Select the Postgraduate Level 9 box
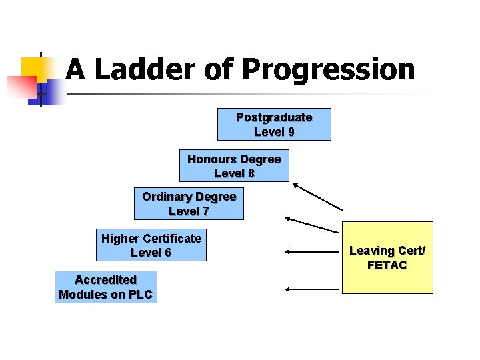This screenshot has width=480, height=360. pyautogui.click(x=274, y=125)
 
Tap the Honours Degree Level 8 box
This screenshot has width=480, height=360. pyautogui.click(x=234, y=166)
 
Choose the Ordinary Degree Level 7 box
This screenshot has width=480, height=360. pyautogui.click(x=189, y=204)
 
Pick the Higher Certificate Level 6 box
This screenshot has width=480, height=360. pyautogui.click(x=151, y=245)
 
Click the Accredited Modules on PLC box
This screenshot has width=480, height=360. pyautogui.click(x=105, y=287)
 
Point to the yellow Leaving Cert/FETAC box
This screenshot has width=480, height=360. pyautogui.click(x=387, y=258)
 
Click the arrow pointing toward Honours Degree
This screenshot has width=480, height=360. pyautogui.click(x=317, y=197)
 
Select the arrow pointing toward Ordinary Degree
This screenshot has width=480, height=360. pyautogui.click(x=311, y=224)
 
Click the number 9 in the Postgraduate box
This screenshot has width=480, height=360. pyautogui.click(x=291, y=132)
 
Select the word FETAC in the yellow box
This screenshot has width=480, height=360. pyautogui.click(x=387, y=265)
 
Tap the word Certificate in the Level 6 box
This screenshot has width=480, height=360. pyautogui.click(x=171, y=238)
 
